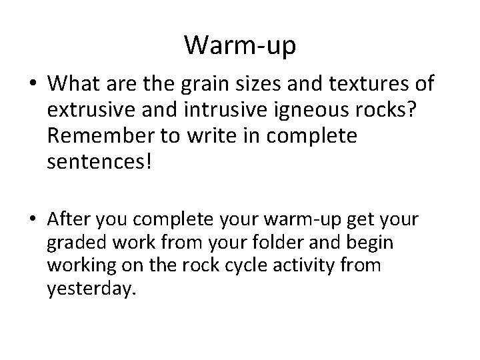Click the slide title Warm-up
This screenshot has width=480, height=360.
[240, 45]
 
